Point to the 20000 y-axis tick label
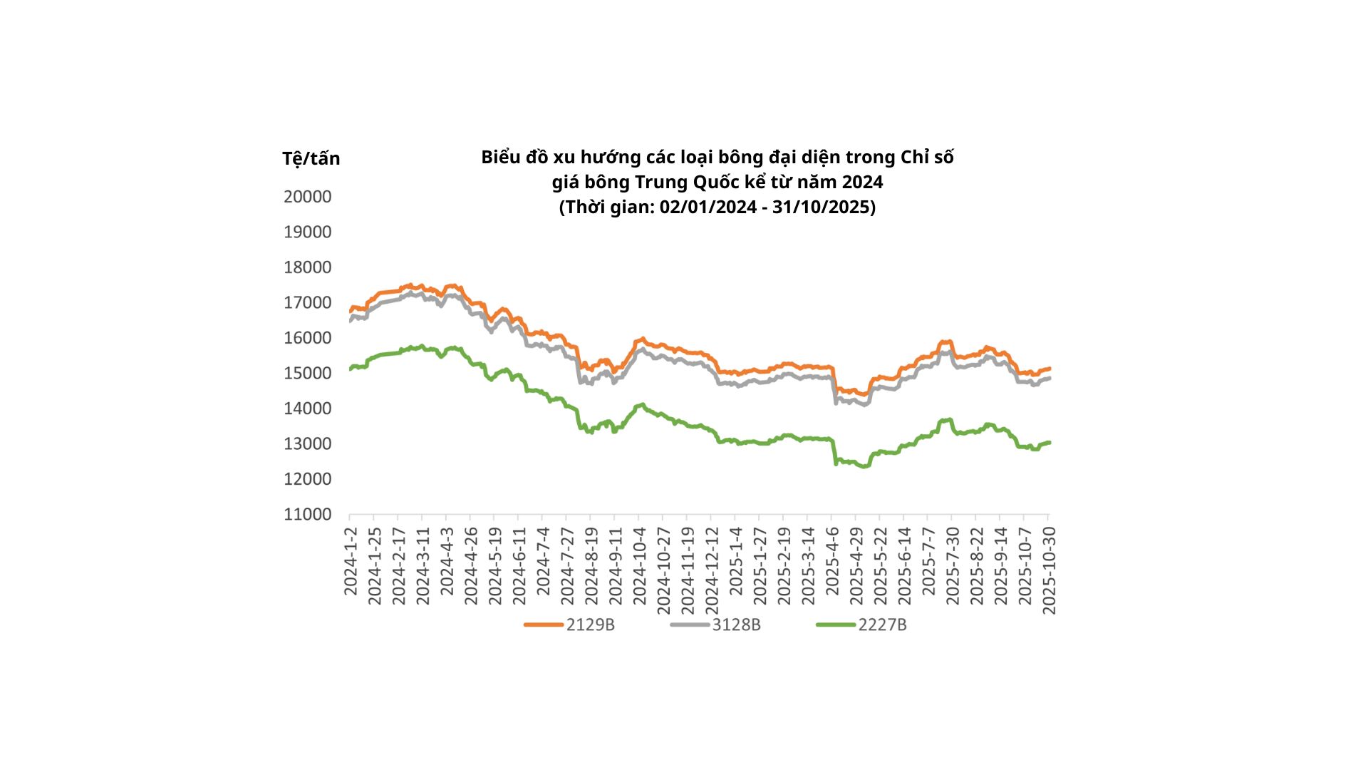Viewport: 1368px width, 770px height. pos(308,197)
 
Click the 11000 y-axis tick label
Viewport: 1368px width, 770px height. pos(308,514)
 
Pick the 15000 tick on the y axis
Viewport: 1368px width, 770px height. pos(308,373)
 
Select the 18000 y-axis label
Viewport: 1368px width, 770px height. pos(308,267)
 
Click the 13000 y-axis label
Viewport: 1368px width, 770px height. pos(308,443)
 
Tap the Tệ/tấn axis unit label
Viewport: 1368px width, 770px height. pos(311,158)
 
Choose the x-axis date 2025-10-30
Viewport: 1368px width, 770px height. pos(1049,570)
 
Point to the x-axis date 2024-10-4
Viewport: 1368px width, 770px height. pos(639,566)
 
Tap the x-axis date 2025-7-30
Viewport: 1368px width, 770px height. pos(953,566)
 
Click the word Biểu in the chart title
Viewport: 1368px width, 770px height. pos(501,158)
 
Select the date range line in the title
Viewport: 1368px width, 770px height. pos(717,207)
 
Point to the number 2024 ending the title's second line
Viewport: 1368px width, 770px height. pos(862,183)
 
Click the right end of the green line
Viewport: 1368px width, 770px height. pos(1050,443)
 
